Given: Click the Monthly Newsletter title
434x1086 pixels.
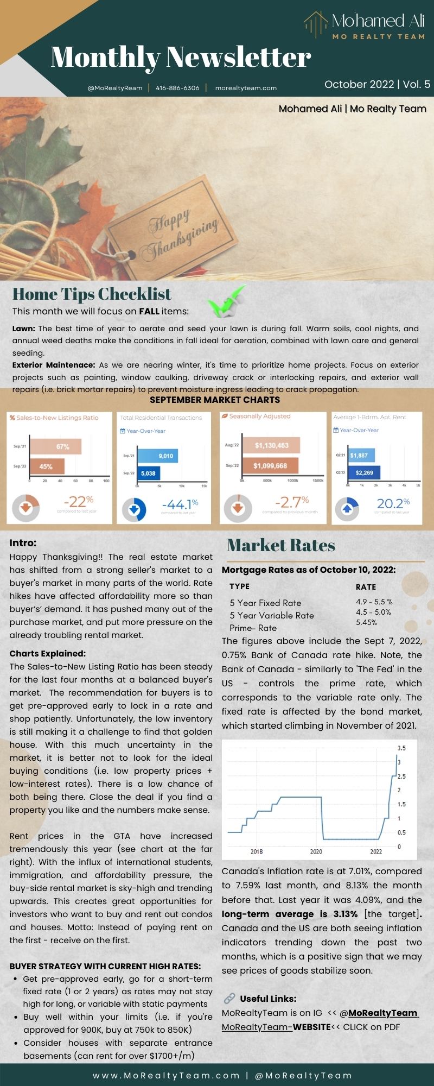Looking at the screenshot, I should [181, 58].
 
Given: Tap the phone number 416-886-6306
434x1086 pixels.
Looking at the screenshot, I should [177, 88].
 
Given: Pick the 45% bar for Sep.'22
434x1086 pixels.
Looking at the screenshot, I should [47, 466].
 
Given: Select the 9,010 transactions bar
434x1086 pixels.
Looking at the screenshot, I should [157, 456].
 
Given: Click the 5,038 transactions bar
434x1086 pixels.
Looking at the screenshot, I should [148, 473].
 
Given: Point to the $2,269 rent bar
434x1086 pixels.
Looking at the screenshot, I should [363, 472].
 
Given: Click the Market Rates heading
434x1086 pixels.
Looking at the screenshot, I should [280, 545].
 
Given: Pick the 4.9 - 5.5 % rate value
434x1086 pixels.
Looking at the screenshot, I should [374, 602].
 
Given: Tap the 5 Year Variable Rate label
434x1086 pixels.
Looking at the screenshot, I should [271, 615].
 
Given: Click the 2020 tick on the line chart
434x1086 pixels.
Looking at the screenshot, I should [316, 851].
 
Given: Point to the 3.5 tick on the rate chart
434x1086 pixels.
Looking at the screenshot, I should [401, 748].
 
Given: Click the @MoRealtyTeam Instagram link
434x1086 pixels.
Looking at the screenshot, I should [384, 1013].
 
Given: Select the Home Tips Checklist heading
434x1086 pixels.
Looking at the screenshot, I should [92, 294].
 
